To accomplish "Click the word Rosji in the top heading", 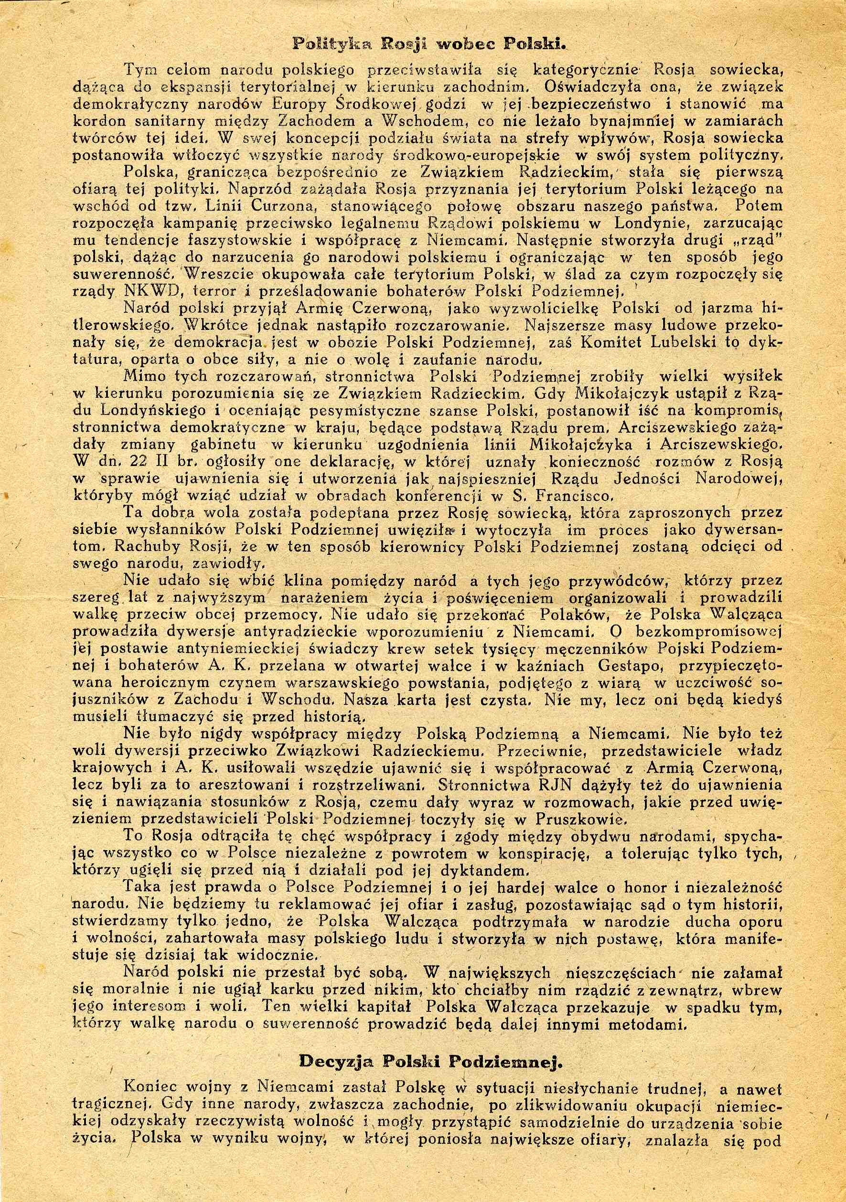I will (404, 44).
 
